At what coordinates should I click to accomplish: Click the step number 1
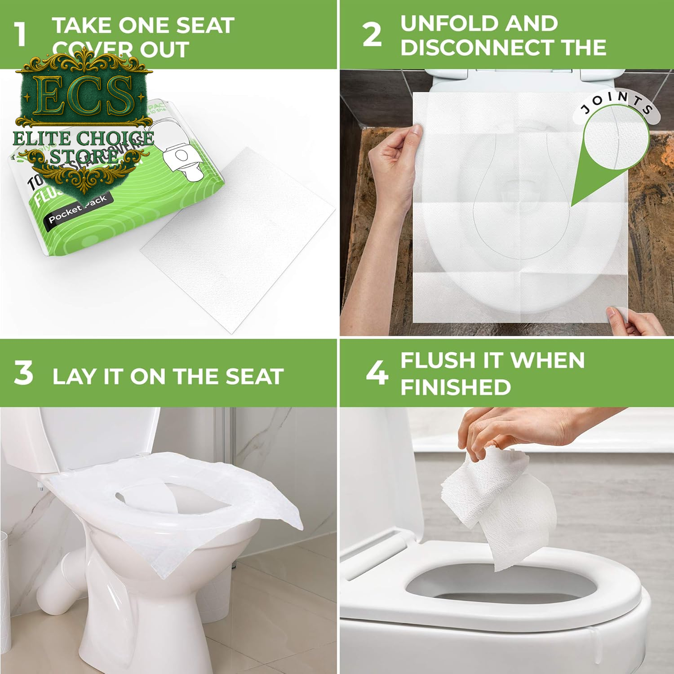(x=20, y=35)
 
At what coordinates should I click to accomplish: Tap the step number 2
(x=372, y=35)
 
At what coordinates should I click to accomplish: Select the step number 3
(x=23, y=373)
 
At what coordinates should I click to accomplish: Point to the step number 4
(x=377, y=373)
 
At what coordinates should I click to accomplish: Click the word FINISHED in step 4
(x=456, y=387)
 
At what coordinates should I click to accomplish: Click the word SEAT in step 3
(x=254, y=377)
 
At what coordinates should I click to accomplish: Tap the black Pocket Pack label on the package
(x=77, y=210)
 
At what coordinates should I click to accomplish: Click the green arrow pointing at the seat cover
(x=602, y=180)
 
